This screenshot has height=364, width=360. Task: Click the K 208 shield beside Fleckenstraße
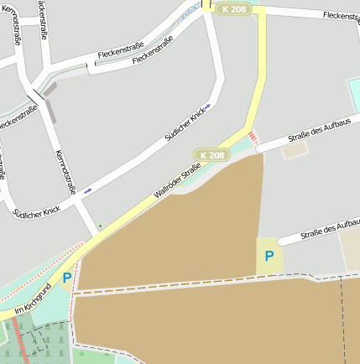(x=234, y=8)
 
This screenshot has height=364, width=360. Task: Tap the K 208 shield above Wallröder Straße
(x=212, y=155)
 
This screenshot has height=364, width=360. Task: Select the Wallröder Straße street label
(x=178, y=183)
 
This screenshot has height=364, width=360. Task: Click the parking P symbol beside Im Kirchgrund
(x=66, y=278)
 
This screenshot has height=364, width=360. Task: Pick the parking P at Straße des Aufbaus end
(x=269, y=256)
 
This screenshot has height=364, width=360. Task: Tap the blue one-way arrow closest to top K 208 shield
(x=207, y=107)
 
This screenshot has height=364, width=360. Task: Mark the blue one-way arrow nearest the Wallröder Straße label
(x=87, y=190)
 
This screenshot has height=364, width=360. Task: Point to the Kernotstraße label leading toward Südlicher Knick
(x=65, y=173)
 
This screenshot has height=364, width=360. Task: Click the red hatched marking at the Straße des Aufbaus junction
(x=253, y=137)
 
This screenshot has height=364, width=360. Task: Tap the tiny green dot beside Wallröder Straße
(x=101, y=226)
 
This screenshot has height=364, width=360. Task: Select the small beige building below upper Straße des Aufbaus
(x=295, y=152)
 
